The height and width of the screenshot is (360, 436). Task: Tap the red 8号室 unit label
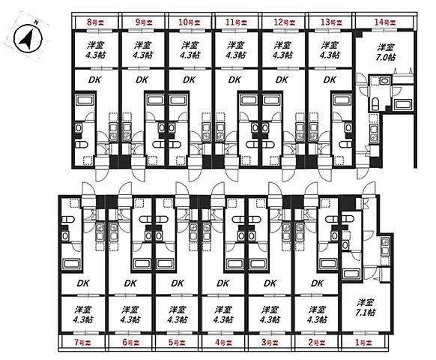point(95,22)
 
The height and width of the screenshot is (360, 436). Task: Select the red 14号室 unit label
point(385,22)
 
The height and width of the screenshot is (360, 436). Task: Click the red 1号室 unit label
point(363,343)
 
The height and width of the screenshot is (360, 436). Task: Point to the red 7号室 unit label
point(83,343)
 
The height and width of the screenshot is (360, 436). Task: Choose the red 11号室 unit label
point(236,22)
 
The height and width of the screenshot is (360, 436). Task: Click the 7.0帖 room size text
point(385,57)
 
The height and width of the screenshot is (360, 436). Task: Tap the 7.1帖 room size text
point(365,313)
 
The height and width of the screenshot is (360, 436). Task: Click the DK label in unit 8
point(94,80)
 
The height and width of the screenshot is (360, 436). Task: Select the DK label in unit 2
point(318,283)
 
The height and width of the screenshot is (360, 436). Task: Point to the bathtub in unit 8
point(85,100)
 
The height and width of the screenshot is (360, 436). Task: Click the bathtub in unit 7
point(71,263)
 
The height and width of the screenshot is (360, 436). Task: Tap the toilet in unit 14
point(375,103)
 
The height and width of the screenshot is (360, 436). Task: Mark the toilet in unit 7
point(67,220)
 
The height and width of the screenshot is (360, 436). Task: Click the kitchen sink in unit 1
point(385,247)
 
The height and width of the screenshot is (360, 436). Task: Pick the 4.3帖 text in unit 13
point(330,55)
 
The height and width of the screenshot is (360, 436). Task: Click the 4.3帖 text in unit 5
point(177,319)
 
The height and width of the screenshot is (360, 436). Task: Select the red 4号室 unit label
point(223,343)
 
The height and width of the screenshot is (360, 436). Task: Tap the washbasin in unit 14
point(384,81)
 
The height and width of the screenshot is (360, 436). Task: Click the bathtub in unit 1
point(351,274)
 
